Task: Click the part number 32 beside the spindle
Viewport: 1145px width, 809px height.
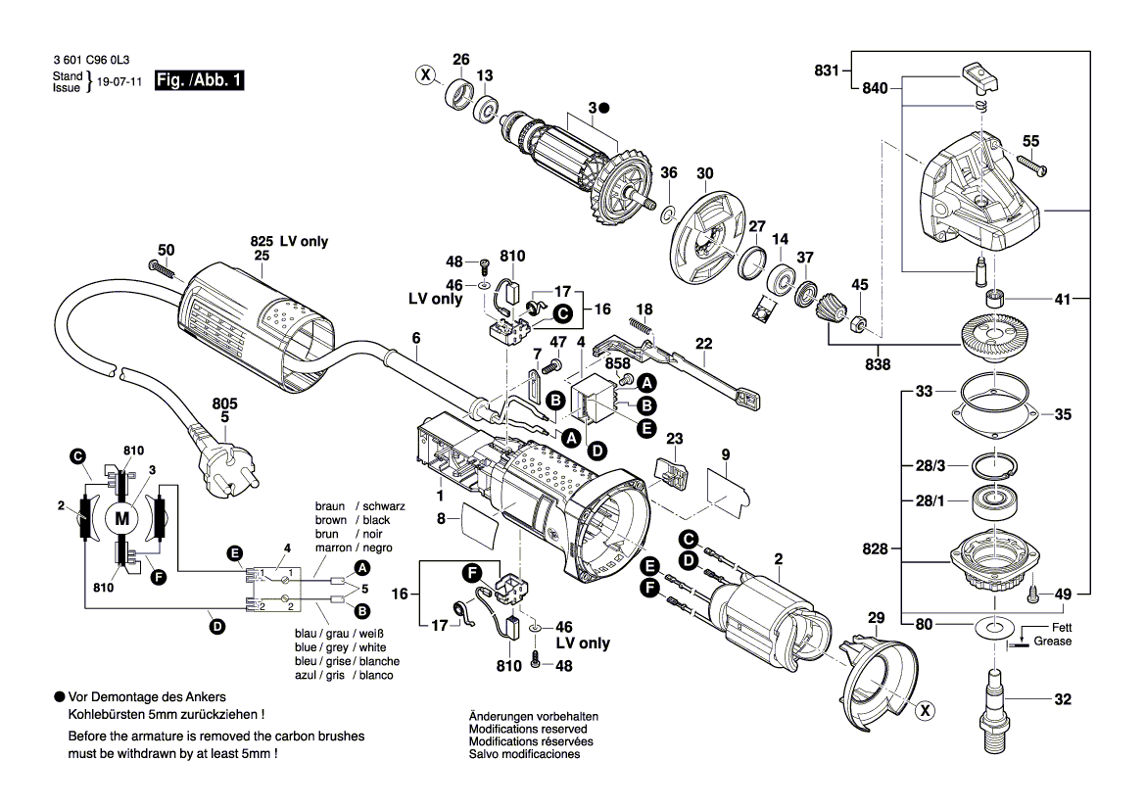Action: click(x=1064, y=699)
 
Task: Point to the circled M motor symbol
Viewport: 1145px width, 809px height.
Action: click(x=122, y=519)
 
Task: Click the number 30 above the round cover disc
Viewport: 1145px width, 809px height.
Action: click(x=705, y=173)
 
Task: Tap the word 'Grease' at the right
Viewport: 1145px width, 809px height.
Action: click(x=1054, y=642)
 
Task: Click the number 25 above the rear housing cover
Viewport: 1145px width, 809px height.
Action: click(x=261, y=256)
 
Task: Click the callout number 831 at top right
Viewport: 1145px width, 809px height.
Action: click(x=828, y=70)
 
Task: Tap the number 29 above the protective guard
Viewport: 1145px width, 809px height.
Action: click(x=876, y=617)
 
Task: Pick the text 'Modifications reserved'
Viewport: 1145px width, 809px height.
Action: click(x=528, y=730)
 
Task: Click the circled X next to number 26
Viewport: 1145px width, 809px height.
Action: click(x=425, y=74)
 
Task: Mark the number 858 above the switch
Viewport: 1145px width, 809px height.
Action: click(x=617, y=363)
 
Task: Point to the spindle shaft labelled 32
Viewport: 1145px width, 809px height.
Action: click(x=997, y=700)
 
